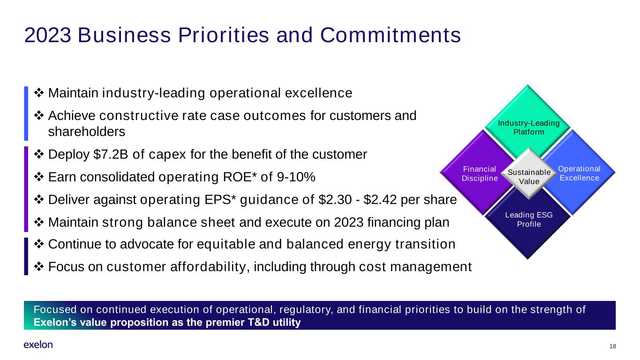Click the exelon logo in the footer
(38, 345)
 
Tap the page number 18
(612, 346)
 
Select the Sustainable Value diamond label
(529, 177)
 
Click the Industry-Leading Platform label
(528, 127)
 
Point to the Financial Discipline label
(480, 173)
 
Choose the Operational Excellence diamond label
(579, 173)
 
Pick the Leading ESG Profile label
(528, 219)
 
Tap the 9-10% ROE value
(296, 177)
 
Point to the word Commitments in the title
(390, 35)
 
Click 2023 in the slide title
(48, 35)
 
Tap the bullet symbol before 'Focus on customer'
(39, 267)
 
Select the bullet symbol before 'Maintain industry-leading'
(39, 92)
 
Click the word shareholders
(87, 132)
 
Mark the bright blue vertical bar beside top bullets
(26, 113)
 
